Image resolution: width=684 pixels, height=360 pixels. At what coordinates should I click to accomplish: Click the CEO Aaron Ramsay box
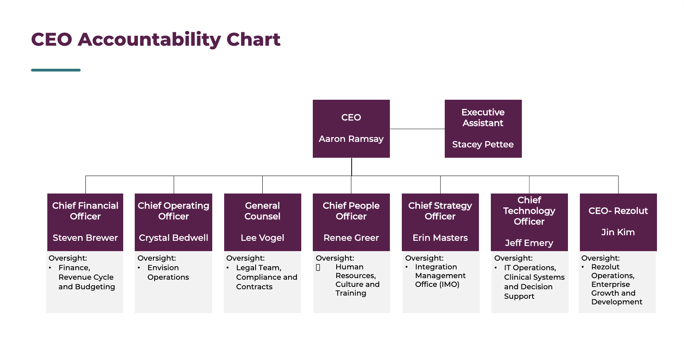click(351, 128)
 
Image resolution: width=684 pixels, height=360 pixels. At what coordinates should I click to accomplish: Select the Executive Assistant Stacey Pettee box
click(483, 128)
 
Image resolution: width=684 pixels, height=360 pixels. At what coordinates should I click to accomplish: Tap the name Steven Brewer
click(85, 238)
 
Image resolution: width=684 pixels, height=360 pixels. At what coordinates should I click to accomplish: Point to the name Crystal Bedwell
click(173, 238)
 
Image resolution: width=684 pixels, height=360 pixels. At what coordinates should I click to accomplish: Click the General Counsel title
click(262, 211)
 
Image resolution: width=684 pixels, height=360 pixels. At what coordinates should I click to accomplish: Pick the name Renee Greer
click(351, 238)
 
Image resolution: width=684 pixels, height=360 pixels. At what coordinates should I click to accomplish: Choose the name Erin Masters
click(440, 238)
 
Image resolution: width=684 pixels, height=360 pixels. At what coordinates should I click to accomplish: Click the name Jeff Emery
click(529, 243)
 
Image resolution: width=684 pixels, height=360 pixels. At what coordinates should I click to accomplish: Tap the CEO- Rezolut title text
click(618, 211)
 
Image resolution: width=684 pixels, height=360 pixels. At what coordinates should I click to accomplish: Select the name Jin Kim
click(618, 232)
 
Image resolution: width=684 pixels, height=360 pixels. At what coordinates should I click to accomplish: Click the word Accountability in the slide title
click(149, 39)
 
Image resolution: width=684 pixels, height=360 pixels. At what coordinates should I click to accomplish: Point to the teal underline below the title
click(56, 70)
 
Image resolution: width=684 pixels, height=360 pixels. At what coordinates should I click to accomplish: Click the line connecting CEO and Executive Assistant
click(417, 129)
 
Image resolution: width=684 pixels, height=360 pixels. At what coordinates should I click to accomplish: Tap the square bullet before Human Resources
click(318, 267)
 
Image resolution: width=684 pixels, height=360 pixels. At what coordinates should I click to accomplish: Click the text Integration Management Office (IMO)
click(440, 276)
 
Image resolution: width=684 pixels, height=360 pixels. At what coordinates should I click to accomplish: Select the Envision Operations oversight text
click(168, 273)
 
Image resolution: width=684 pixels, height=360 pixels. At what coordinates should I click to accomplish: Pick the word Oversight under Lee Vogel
click(245, 258)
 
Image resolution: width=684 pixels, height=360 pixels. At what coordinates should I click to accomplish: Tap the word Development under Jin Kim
click(616, 302)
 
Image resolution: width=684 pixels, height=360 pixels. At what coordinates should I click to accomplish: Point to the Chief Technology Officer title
click(529, 211)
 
